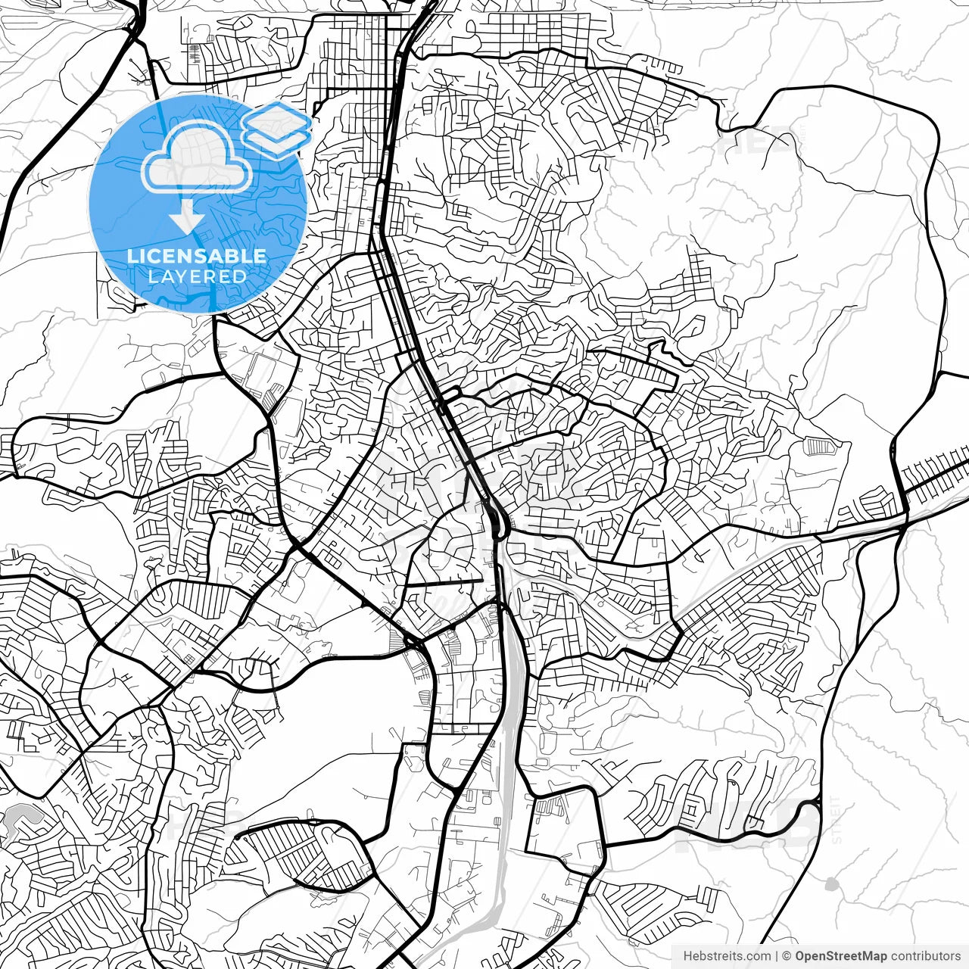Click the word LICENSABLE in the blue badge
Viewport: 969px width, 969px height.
tap(197, 256)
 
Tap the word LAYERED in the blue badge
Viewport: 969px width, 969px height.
tap(197, 276)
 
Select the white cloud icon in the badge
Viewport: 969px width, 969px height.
tap(197, 159)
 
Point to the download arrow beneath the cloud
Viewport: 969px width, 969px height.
tap(186, 219)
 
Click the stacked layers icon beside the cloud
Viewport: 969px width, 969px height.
tap(277, 128)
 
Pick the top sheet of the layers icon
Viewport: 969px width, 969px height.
tap(277, 119)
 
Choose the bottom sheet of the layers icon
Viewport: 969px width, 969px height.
tap(277, 141)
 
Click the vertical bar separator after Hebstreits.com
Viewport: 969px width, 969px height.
tap(777, 955)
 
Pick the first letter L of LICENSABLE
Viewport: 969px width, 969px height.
tap(132, 256)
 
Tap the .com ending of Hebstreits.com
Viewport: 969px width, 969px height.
tap(759, 955)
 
